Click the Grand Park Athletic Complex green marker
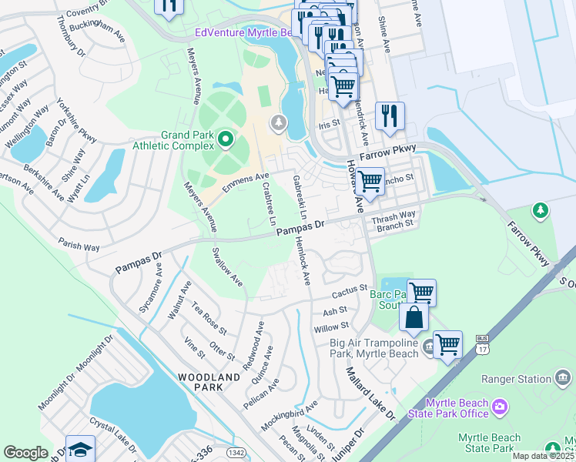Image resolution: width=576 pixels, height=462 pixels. (225, 139)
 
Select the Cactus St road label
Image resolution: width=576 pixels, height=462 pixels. (350, 292)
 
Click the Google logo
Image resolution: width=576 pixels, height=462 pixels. (25, 453)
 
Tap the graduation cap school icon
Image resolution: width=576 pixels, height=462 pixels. (80, 450)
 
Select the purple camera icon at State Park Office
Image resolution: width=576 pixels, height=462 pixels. (501, 405)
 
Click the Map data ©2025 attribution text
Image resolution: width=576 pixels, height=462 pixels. (543, 456)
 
